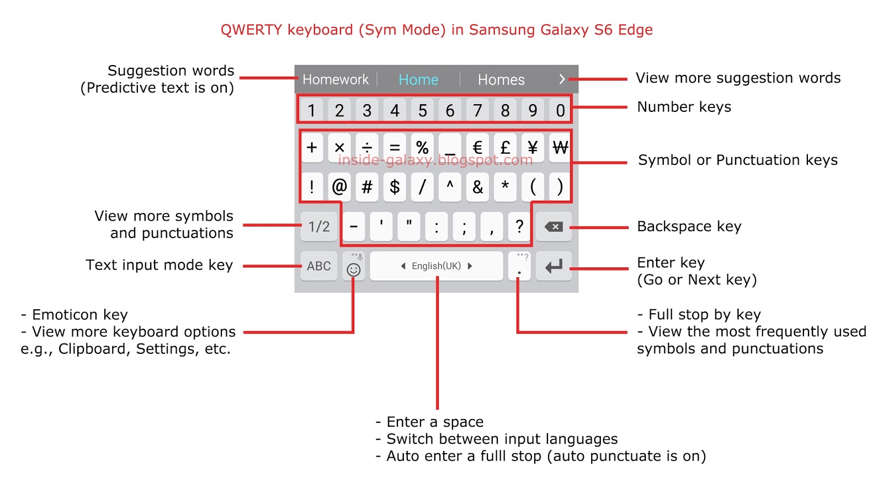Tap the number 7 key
pyautogui.click(x=477, y=110)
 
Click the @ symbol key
pyautogui.click(x=339, y=187)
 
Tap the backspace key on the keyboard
pyautogui.click(x=554, y=227)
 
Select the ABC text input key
pyautogui.click(x=319, y=266)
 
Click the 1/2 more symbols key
pyautogui.click(x=319, y=227)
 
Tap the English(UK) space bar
pyautogui.click(x=437, y=266)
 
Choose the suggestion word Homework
pyautogui.click(x=336, y=80)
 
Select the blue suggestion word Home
pyautogui.click(x=418, y=80)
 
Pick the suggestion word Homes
pyautogui.click(x=501, y=80)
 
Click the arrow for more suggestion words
pyautogui.click(x=562, y=79)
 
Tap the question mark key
pyautogui.click(x=519, y=226)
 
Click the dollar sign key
pyautogui.click(x=395, y=187)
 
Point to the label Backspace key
pyautogui.click(x=689, y=227)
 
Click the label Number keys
pyautogui.click(x=684, y=107)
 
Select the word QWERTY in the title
pyautogui.click(x=251, y=30)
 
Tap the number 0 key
pyautogui.click(x=560, y=110)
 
